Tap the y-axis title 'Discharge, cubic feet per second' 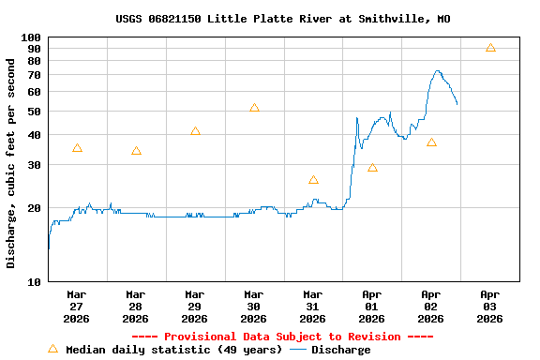coord(11,163)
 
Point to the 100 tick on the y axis coord(31,37)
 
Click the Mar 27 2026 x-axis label coord(77,306)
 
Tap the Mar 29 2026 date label coord(195,306)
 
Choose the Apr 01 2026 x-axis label coord(372,306)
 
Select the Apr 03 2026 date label coord(490,306)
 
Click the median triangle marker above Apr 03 coord(490,48)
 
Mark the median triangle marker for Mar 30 coord(254,108)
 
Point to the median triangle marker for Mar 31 coord(313,179)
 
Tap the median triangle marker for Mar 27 coord(77,148)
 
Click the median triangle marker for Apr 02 coord(431,142)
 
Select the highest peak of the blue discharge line coord(437,70)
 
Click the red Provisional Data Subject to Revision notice coord(282,337)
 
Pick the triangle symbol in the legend coord(52,349)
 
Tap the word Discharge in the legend coord(340,350)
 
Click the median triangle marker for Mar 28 coord(136,151)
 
